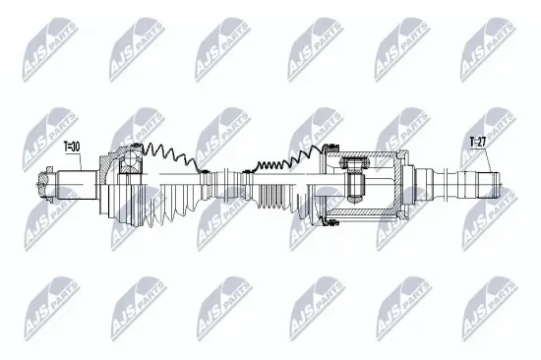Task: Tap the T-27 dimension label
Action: [x=477, y=143]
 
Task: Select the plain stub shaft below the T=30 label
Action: [x=79, y=184]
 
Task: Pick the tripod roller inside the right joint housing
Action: [x=355, y=184]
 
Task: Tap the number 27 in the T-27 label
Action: [x=482, y=143]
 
